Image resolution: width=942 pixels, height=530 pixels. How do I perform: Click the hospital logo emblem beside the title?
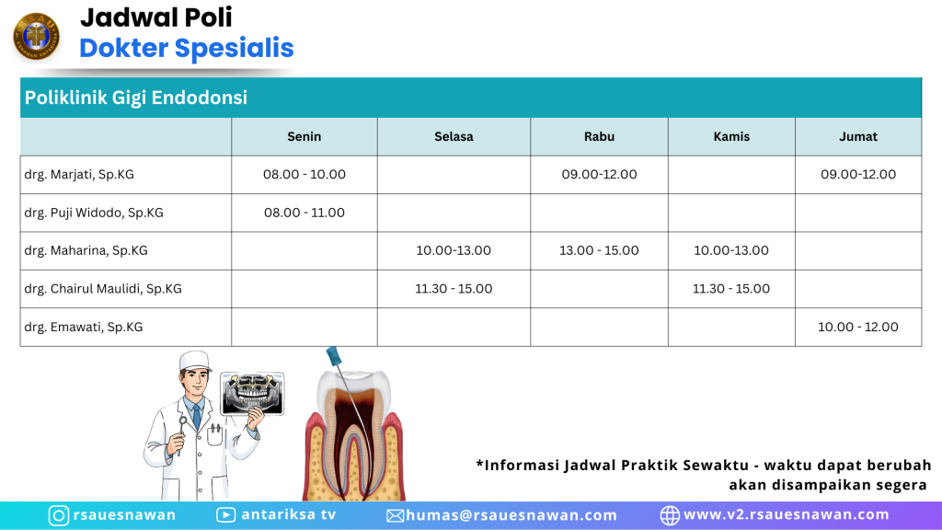(37, 36)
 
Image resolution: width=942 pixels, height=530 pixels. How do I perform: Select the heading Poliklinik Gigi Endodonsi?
(136, 98)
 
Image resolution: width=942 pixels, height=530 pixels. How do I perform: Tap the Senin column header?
(304, 136)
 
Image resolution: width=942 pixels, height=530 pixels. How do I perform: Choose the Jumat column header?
(858, 136)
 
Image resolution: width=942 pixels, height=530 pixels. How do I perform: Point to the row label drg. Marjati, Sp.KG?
(79, 174)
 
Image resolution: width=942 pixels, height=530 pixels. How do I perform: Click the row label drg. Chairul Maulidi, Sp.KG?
(103, 288)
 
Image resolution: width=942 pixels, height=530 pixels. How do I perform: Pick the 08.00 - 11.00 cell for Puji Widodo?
(304, 213)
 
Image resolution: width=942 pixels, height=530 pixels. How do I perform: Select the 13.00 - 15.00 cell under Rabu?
(599, 250)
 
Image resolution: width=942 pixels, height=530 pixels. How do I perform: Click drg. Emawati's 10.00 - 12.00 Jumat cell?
(858, 327)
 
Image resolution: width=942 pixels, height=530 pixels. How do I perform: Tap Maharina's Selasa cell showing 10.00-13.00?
(454, 250)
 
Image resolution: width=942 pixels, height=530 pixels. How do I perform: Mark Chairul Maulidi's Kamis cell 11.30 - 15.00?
(731, 288)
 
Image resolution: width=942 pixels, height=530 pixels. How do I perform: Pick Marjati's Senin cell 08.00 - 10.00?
(304, 174)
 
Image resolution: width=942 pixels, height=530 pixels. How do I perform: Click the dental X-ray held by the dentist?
(252, 394)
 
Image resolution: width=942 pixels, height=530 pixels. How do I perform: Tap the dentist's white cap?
(195, 361)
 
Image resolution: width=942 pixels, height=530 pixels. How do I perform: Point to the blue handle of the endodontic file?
(334, 356)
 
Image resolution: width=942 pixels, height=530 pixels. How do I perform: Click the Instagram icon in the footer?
(58, 515)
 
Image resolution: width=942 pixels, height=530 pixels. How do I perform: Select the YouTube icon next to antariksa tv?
(226, 515)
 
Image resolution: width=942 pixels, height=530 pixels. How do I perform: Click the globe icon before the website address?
(670, 515)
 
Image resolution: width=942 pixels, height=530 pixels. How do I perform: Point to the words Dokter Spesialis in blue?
(186, 48)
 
